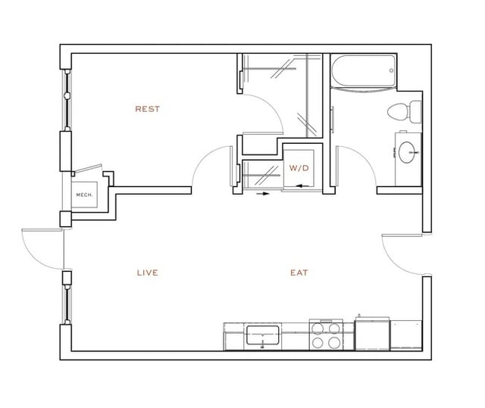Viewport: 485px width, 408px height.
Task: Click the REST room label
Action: [x=147, y=109]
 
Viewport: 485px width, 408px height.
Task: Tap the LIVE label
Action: [x=147, y=273]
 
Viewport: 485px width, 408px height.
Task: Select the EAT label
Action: [x=299, y=273]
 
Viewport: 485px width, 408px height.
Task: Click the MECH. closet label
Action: [x=84, y=195]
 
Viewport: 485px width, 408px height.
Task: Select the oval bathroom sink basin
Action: [x=410, y=151]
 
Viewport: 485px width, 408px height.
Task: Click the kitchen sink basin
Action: [x=263, y=333]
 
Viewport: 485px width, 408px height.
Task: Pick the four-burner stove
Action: [x=325, y=335]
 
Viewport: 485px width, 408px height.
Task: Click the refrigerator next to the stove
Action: [x=371, y=335]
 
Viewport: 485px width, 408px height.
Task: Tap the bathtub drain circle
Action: [x=391, y=70]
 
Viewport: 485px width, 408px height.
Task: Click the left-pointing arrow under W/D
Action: [x=302, y=184]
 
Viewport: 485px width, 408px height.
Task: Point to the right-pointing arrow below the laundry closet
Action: [x=262, y=194]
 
